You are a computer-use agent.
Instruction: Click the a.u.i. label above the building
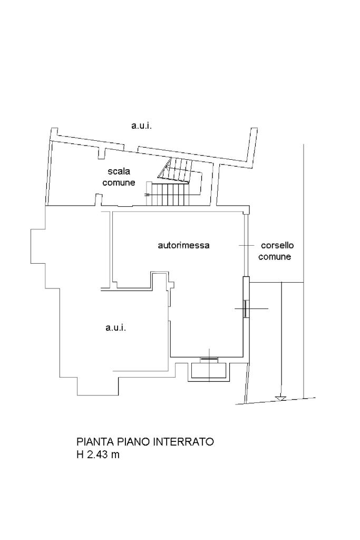coord(141,126)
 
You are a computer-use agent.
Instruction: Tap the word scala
coord(119,171)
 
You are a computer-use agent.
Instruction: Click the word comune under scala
coord(119,183)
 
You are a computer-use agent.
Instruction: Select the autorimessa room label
coord(184,245)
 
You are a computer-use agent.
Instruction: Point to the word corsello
coord(277,245)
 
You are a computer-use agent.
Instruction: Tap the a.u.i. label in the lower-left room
coord(115,327)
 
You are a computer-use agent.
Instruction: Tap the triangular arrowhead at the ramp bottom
coord(281,398)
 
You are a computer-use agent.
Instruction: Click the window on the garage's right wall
coord(246,308)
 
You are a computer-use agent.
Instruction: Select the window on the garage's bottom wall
coord(209,360)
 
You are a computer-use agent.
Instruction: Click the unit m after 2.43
coord(115,454)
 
